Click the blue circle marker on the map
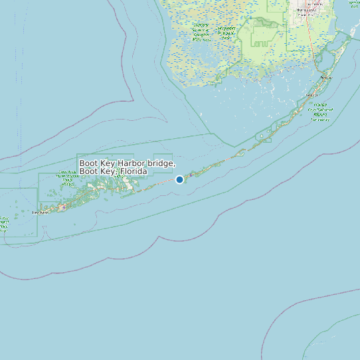pyautogui.click(x=179, y=179)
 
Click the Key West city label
pyautogui.click(x=41, y=213)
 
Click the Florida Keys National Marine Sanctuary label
pyautogui.click(x=321, y=112)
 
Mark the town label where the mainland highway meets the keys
pyautogui.click(x=325, y=77)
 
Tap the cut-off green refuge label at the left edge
pyautogui.click(x=3, y=223)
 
